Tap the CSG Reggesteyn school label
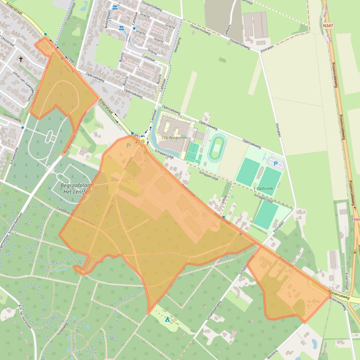coord(171,137)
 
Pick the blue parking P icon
coord(275,164)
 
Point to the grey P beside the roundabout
coord(128,145)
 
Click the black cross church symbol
coord(21,59)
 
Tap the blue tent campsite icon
coord(167,320)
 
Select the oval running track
coord(216,148)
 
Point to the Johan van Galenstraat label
coord(24,84)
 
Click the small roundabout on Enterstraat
coord(142,141)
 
